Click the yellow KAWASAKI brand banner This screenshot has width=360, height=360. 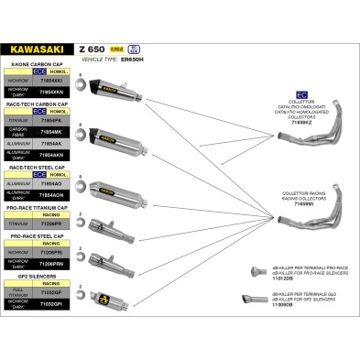(x=38, y=48)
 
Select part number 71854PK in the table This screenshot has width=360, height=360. (x=52, y=120)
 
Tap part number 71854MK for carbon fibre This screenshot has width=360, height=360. (x=52, y=132)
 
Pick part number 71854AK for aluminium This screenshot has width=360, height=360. (x=52, y=144)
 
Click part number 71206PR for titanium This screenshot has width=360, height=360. (x=52, y=223)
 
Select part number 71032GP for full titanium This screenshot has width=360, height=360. (x=52, y=290)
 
